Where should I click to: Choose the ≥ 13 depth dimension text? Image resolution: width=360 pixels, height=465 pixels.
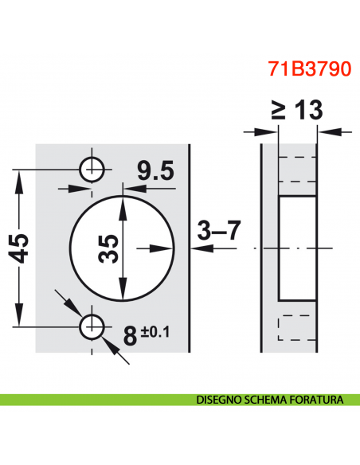pos(296,110)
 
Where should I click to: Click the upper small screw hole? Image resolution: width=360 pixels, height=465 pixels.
pos(92,168)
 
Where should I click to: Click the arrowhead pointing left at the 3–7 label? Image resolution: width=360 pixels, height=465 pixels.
pos(197,248)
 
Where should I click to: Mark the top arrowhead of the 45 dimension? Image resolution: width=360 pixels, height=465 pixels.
pos(18,175)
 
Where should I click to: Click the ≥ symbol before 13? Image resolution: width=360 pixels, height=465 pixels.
pos(278,110)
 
